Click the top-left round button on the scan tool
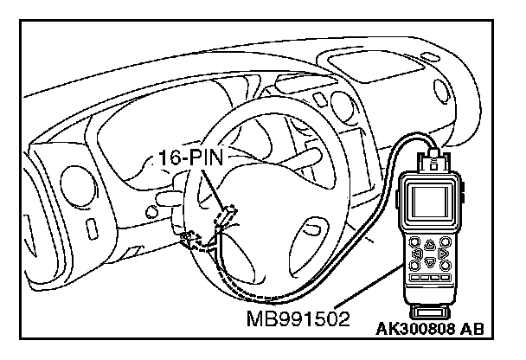(x=414, y=242)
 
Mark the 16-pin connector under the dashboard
(x=226, y=215)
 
